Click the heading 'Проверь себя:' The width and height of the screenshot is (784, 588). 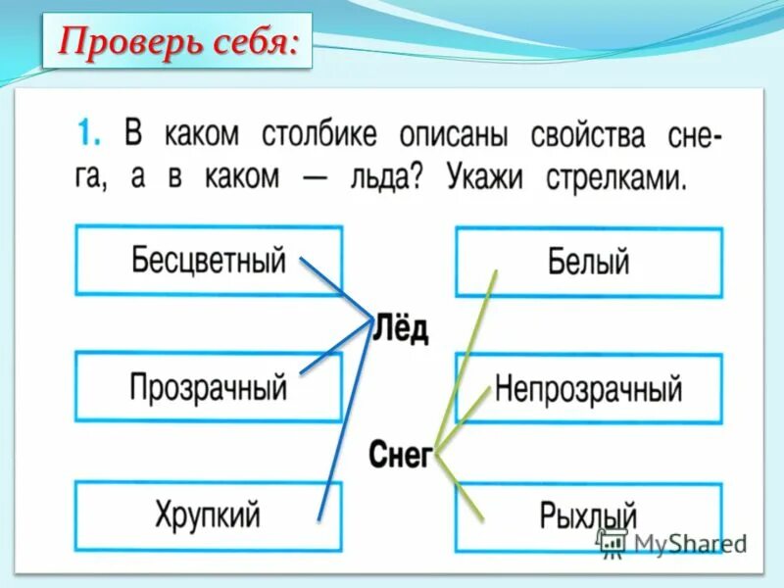pyautogui.click(x=176, y=41)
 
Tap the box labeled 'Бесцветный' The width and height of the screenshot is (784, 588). pyautogui.click(x=208, y=261)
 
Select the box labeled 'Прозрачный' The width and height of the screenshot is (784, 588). pyautogui.click(x=208, y=387)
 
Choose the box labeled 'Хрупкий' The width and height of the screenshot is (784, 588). pyautogui.click(x=208, y=514)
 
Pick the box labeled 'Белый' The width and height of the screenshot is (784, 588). pyautogui.click(x=588, y=261)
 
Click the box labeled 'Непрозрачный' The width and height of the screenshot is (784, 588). pyautogui.click(x=588, y=388)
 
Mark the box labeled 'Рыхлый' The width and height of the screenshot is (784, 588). pyautogui.click(x=588, y=515)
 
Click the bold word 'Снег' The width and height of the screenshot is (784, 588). pyautogui.click(x=400, y=454)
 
